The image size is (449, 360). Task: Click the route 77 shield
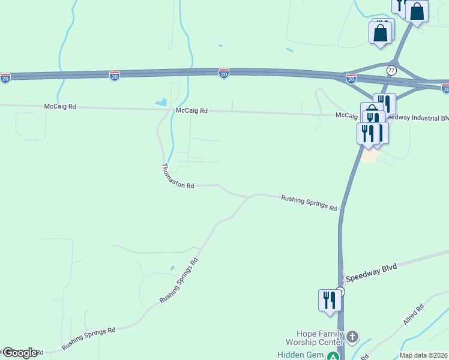(391, 70)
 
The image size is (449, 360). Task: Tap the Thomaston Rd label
(178, 177)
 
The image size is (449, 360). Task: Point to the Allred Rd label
(414, 315)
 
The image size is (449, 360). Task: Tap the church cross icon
(352, 336)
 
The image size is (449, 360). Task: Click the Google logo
(19, 353)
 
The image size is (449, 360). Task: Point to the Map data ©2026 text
(424, 355)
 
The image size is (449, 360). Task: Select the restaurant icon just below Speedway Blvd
(330, 300)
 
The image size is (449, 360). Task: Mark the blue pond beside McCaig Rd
(161, 103)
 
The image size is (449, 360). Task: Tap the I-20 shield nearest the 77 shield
(351, 79)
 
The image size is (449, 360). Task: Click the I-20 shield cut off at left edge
(5, 78)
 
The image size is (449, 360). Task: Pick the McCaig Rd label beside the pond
(191, 111)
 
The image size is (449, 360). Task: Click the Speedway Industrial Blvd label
(417, 117)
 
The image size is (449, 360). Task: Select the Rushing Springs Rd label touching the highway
(309, 202)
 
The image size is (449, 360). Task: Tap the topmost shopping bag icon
(417, 11)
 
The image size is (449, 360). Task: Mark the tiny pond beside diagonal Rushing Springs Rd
(172, 268)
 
